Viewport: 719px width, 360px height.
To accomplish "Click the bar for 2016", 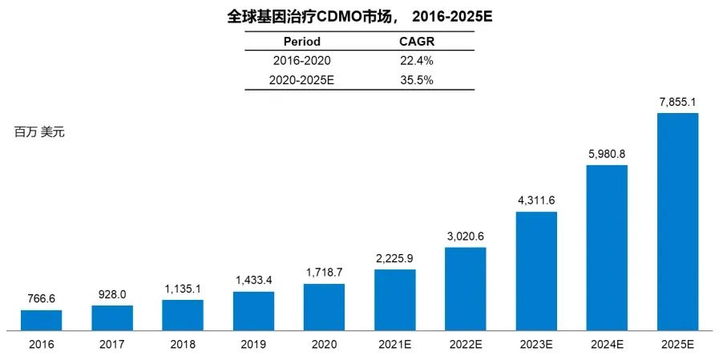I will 41,320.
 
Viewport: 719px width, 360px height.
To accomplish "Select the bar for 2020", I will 324,307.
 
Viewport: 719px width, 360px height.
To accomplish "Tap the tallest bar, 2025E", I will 677,221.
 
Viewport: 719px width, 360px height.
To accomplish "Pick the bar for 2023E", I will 536,271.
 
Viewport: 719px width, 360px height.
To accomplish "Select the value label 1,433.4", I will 253,281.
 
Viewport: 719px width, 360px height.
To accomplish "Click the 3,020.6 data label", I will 465,237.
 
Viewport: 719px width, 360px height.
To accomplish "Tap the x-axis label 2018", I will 183,345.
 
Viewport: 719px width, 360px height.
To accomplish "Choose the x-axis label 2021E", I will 394,345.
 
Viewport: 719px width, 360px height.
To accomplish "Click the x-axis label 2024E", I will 607,345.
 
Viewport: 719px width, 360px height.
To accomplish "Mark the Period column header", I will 302,42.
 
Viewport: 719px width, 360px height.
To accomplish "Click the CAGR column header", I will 416,42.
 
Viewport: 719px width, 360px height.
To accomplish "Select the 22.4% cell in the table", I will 416,60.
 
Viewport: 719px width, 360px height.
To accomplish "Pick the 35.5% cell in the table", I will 416,79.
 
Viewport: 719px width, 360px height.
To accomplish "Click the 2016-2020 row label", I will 302,60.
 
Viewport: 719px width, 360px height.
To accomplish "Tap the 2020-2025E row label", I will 302,79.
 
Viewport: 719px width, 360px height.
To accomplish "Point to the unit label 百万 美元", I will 39,132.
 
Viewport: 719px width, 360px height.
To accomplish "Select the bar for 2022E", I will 465,289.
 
